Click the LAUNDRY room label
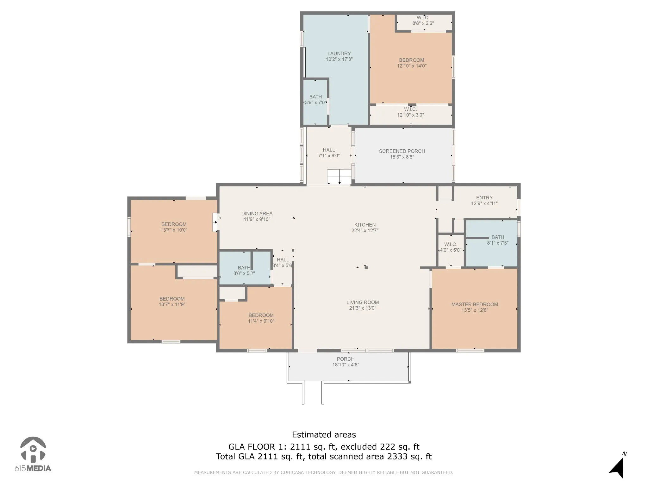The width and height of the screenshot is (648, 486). point(339,53)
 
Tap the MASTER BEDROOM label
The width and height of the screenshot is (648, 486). point(475,304)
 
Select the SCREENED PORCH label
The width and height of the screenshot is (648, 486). point(402,151)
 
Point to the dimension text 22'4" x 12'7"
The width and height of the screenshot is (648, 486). point(365,231)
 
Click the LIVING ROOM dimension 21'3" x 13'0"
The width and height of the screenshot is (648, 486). point(363,308)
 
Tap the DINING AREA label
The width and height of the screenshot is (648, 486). point(257,214)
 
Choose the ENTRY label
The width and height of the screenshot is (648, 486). point(484,198)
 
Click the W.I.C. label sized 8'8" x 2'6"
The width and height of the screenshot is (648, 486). point(423,18)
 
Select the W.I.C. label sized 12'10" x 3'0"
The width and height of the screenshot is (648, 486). point(410,109)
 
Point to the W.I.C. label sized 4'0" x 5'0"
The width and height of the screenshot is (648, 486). point(451,245)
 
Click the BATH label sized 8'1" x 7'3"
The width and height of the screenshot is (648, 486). point(498,237)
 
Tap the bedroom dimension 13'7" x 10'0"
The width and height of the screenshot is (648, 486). point(174,230)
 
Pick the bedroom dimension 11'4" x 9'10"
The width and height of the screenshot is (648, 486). point(261,321)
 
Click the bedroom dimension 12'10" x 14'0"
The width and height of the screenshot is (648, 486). point(412,66)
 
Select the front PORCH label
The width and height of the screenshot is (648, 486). point(346,359)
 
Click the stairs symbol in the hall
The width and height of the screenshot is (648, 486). point(340,177)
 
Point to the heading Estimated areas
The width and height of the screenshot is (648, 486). point(324,435)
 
